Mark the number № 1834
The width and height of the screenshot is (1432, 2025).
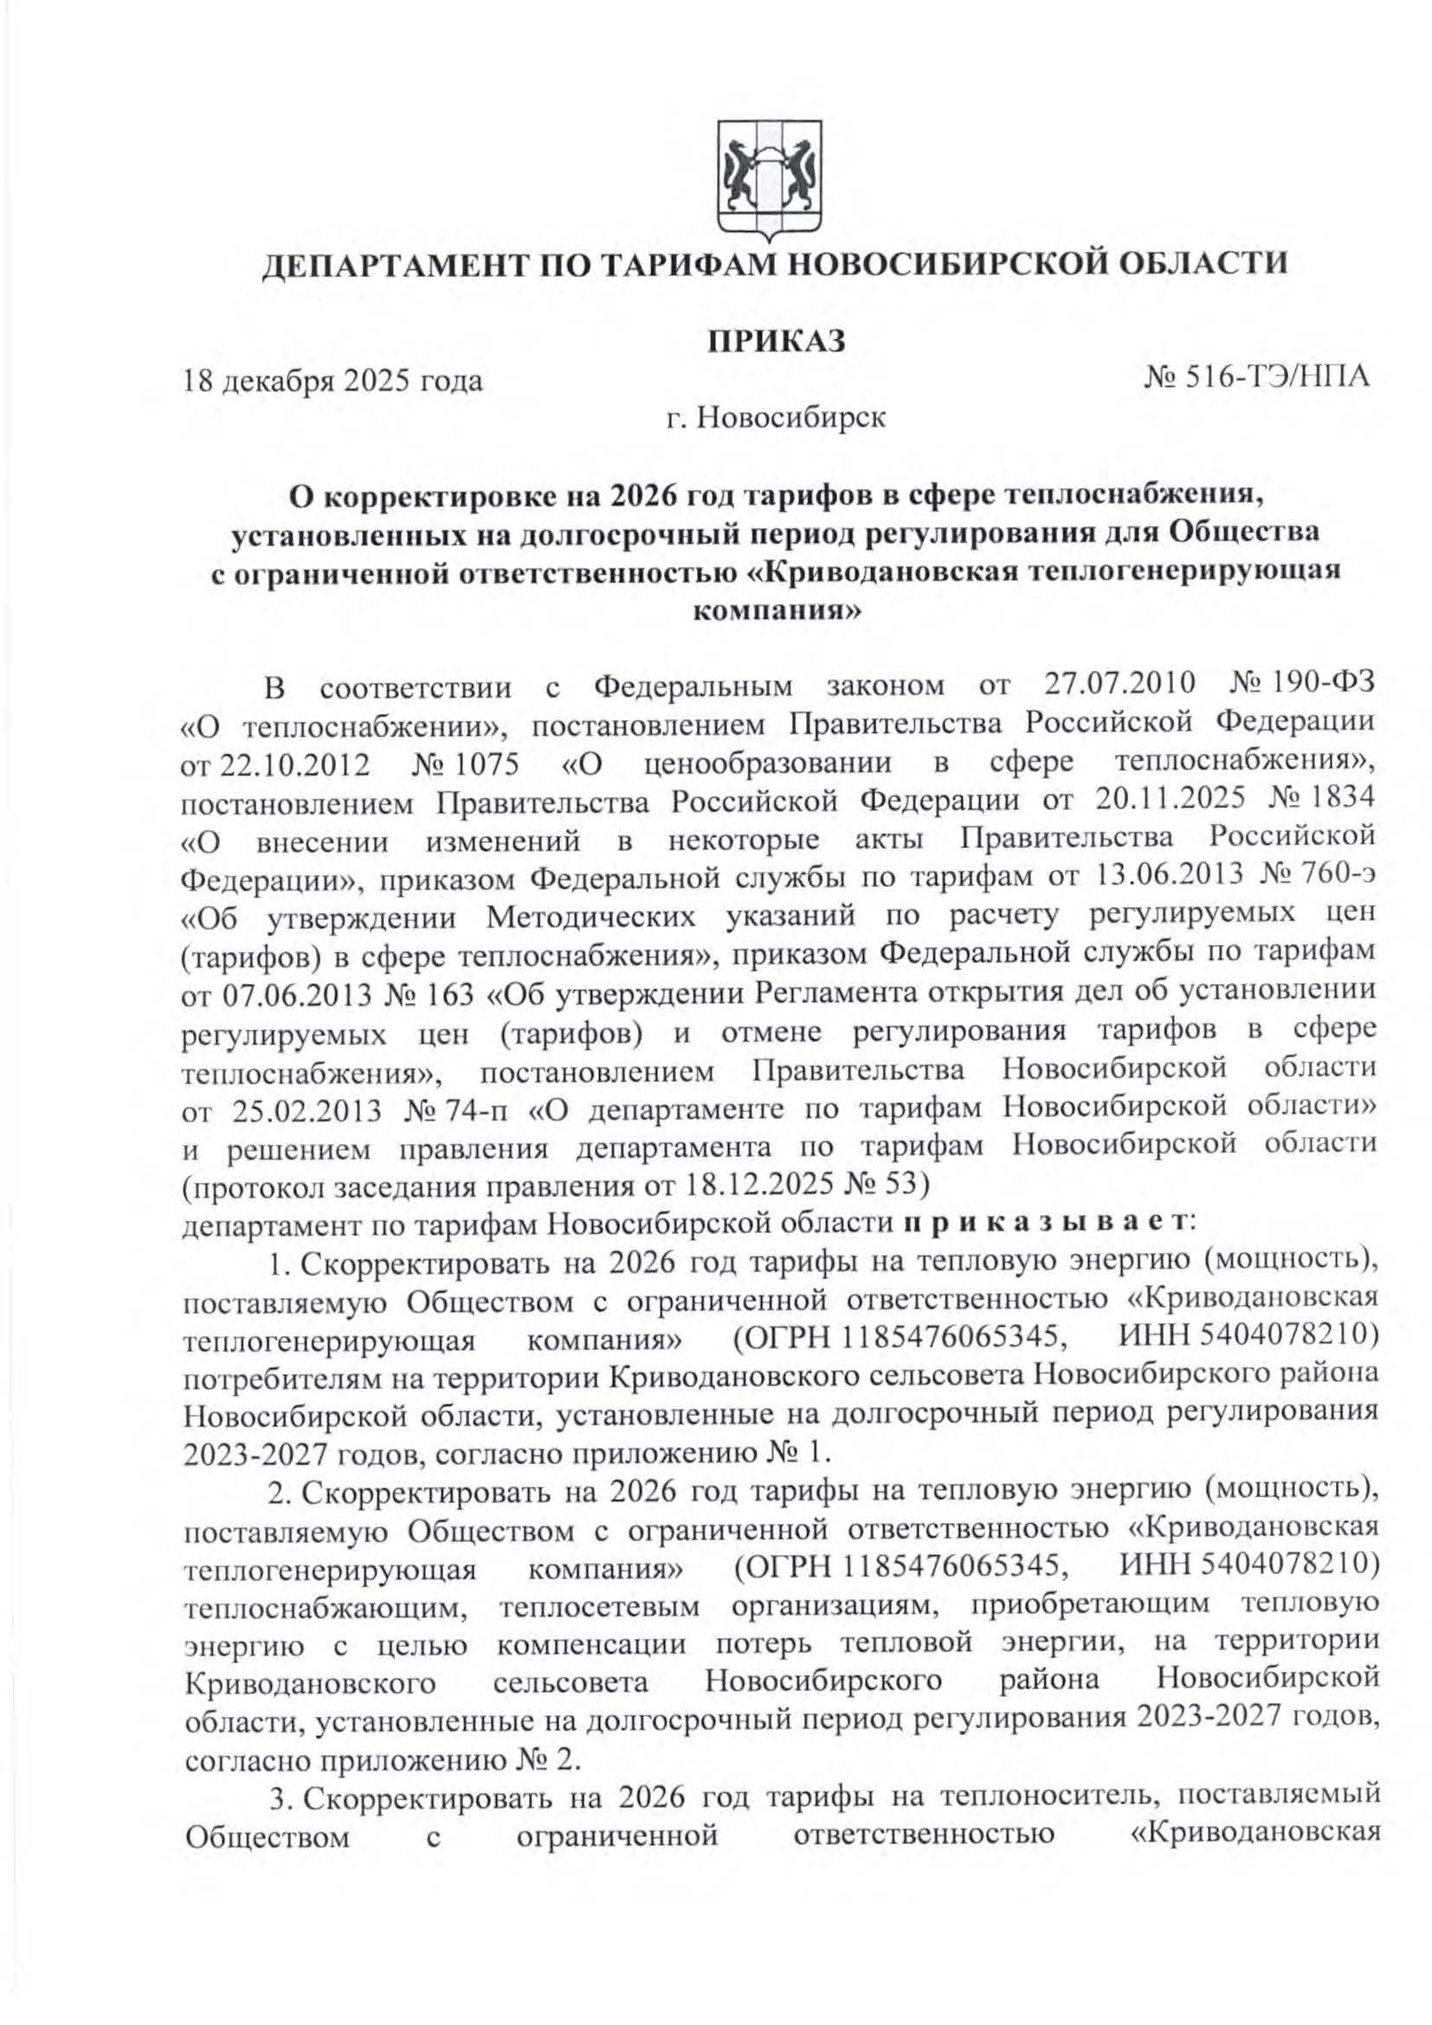coord(1321,800)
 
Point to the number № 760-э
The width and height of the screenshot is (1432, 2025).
coord(1320,877)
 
